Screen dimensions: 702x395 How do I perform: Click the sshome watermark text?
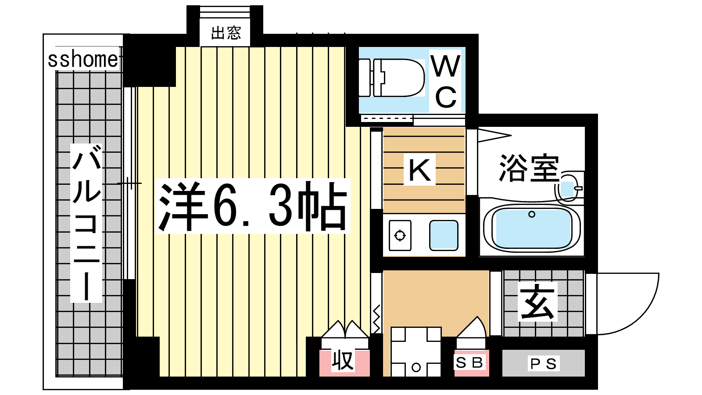(83, 60)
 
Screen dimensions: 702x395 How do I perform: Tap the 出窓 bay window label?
(226, 33)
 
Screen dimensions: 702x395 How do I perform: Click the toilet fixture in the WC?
(391, 77)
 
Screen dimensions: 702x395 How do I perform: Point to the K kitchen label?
(419, 169)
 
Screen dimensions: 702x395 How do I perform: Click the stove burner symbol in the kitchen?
(400, 235)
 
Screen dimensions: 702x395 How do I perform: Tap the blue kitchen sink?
(444, 235)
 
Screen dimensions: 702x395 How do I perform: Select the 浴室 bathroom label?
(529, 168)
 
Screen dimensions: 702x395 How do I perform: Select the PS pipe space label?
(544, 364)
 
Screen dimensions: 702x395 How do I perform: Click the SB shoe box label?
(469, 363)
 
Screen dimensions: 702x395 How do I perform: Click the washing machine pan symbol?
(416, 352)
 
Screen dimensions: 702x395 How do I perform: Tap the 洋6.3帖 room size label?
(253, 206)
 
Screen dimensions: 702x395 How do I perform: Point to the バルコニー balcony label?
(86, 223)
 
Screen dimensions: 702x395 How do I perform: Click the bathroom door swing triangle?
(494, 136)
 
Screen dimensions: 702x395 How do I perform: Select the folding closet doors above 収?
(345, 329)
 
